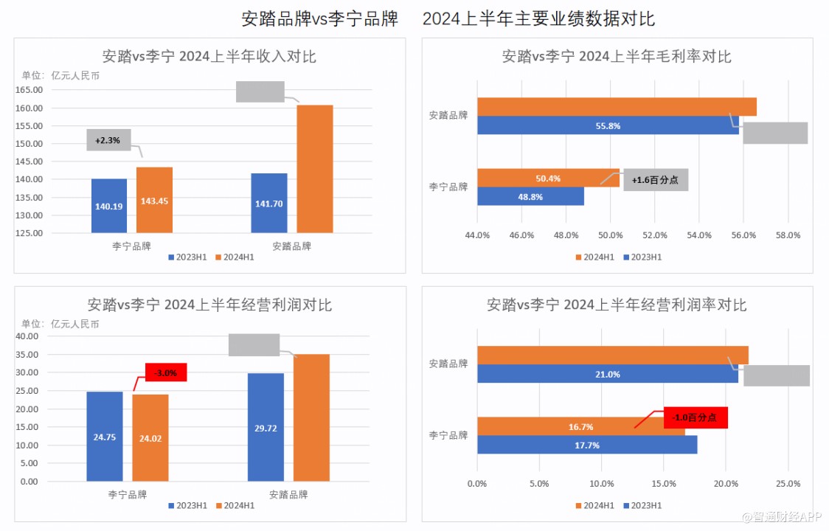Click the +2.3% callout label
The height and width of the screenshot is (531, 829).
point(108,140)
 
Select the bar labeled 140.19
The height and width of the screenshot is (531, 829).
point(109,206)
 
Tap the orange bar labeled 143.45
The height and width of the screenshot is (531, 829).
point(154,201)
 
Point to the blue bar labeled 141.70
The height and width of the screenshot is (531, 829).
point(269,203)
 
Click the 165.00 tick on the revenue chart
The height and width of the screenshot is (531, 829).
point(30,90)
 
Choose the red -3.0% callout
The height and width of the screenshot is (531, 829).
point(166,373)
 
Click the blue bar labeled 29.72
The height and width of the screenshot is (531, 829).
point(266,428)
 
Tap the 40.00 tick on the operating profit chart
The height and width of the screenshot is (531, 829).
point(28,336)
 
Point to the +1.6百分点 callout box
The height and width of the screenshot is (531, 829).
point(655,180)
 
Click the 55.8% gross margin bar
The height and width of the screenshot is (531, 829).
point(608,125)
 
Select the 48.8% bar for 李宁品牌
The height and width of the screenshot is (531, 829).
point(530,196)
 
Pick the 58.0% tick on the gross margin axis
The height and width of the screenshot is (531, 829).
point(788,235)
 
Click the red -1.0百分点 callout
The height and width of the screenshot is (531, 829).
point(696,417)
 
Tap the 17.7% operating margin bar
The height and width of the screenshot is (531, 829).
point(586,445)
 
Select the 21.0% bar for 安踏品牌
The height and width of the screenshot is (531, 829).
point(607,374)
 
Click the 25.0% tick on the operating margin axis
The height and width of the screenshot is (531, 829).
point(788,484)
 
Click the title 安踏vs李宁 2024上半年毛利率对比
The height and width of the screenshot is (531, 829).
point(617,56)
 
